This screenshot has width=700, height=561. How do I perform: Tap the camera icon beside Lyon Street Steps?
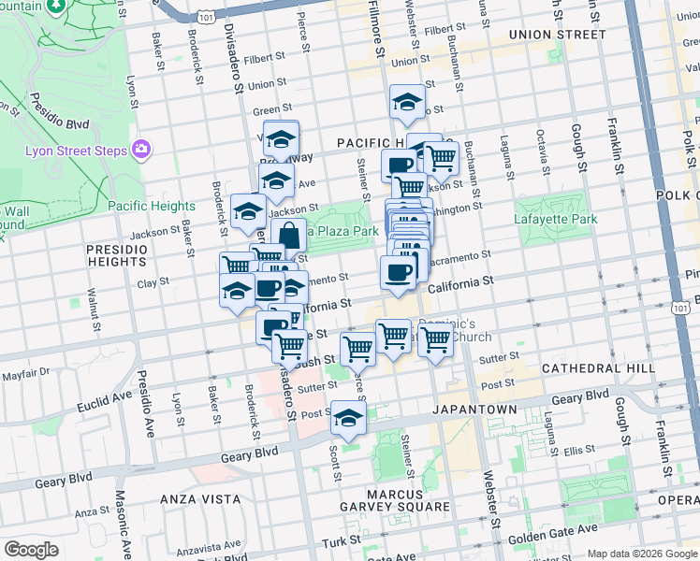click(141, 148)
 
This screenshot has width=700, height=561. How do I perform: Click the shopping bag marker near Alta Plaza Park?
click(290, 235)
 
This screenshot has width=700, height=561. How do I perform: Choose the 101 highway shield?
click(208, 15)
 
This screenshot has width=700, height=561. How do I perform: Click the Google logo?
click(31, 550)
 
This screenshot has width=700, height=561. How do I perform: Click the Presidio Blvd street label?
click(58, 111)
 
